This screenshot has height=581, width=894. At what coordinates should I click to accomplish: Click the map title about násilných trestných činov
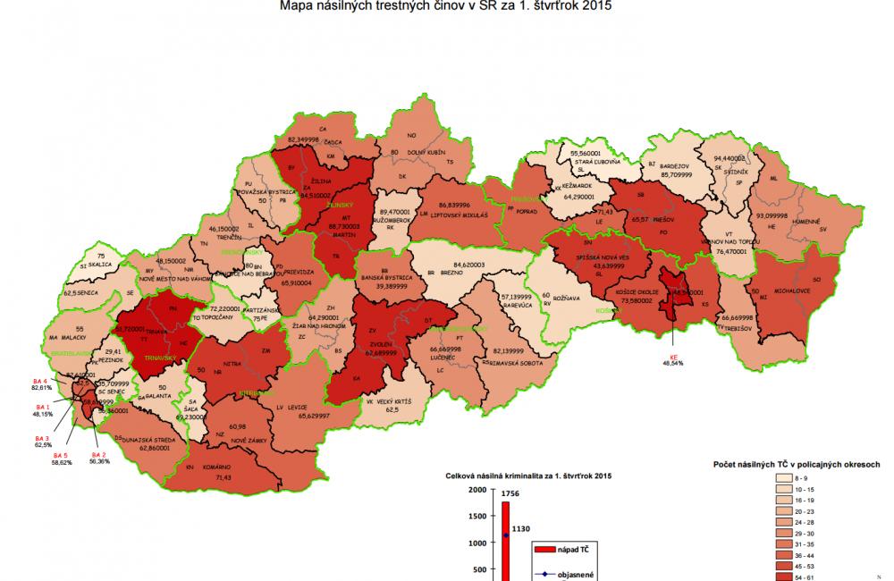(x=446, y=7)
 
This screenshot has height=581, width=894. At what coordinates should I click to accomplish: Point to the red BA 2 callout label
(x=98, y=456)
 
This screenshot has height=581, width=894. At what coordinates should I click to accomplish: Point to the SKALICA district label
(x=97, y=265)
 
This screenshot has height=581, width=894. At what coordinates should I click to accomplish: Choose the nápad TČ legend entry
(x=572, y=546)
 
